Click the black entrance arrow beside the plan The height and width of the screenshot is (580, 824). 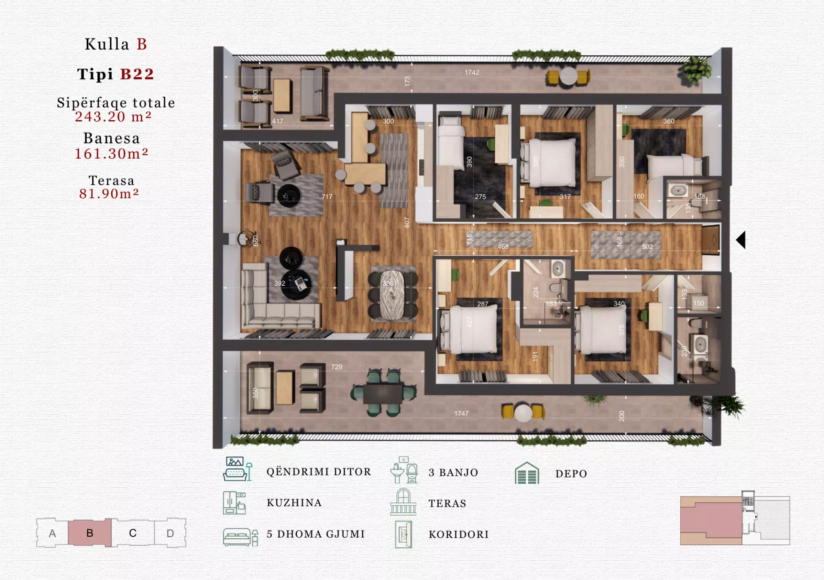coord(741,240)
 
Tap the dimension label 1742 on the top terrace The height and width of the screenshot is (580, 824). coord(472,72)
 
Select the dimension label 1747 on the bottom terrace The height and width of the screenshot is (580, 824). coord(461,413)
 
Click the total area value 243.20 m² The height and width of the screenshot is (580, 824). coord(113,117)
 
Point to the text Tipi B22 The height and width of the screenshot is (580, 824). coord(115,74)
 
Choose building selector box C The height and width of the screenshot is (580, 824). coord(133,533)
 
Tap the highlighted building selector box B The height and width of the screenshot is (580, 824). coord(90,533)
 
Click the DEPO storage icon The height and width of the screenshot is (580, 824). coord(527,473)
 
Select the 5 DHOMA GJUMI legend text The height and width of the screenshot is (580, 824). coord(315,534)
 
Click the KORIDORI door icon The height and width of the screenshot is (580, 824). coord(403,534)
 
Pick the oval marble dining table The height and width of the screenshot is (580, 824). coord(392,295)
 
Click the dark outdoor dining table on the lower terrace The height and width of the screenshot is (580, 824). coord(383,393)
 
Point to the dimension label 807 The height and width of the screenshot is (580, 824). coord(407,222)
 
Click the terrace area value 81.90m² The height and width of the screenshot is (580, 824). coord(109,194)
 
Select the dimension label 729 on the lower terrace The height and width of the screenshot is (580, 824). coord(336,367)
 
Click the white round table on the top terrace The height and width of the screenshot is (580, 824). coord(568,76)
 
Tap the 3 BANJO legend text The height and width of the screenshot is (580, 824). coord(453,472)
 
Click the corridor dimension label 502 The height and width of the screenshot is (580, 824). coord(647,247)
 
